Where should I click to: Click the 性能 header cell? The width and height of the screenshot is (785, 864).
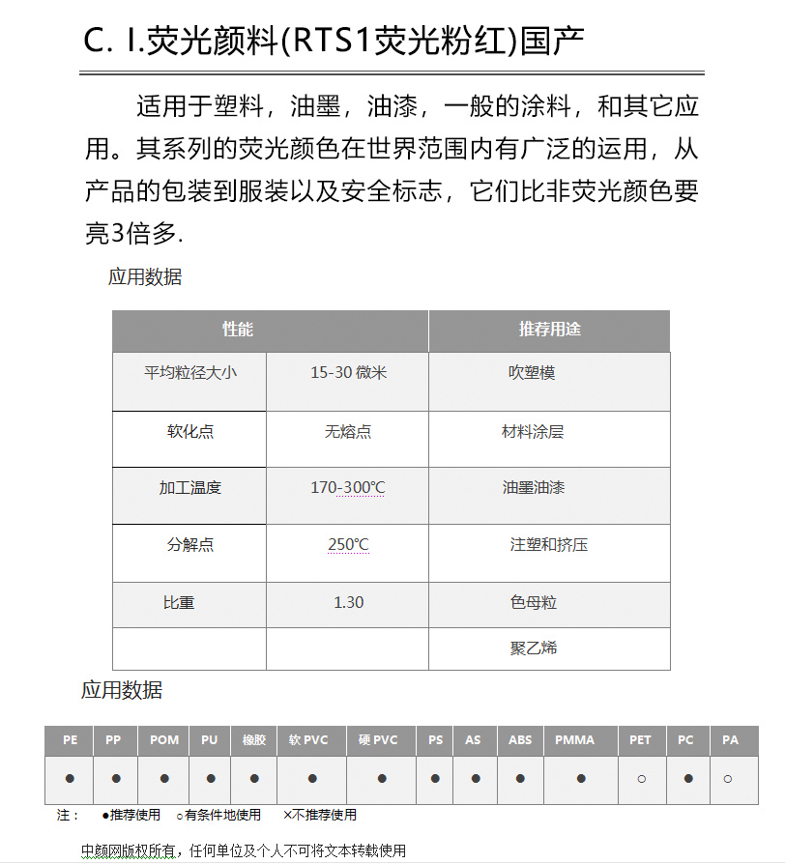pyautogui.click(x=238, y=330)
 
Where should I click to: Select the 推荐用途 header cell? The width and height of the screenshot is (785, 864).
pyautogui.click(x=549, y=330)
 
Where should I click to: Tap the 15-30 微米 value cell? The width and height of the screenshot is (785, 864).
pyautogui.click(x=348, y=372)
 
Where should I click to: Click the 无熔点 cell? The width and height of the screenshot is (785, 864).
pyautogui.click(x=348, y=432)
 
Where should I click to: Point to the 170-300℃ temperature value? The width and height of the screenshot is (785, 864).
pyautogui.click(x=347, y=488)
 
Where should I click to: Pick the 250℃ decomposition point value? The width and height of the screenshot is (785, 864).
pyautogui.click(x=348, y=545)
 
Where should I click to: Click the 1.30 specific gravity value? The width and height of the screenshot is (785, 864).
pyautogui.click(x=348, y=602)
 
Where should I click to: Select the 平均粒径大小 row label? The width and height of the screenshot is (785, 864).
pyautogui.click(x=190, y=372)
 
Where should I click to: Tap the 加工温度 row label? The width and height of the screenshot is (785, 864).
pyautogui.click(x=190, y=488)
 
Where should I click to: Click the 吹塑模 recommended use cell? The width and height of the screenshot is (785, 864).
pyautogui.click(x=532, y=372)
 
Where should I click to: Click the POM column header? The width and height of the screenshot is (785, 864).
pyautogui.click(x=164, y=740)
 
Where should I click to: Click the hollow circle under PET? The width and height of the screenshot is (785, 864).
pyautogui.click(x=641, y=778)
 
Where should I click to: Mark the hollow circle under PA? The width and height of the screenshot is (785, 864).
pyautogui.click(x=728, y=778)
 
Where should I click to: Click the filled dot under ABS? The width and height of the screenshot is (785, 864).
pyautogui.click(x=520, y=778)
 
